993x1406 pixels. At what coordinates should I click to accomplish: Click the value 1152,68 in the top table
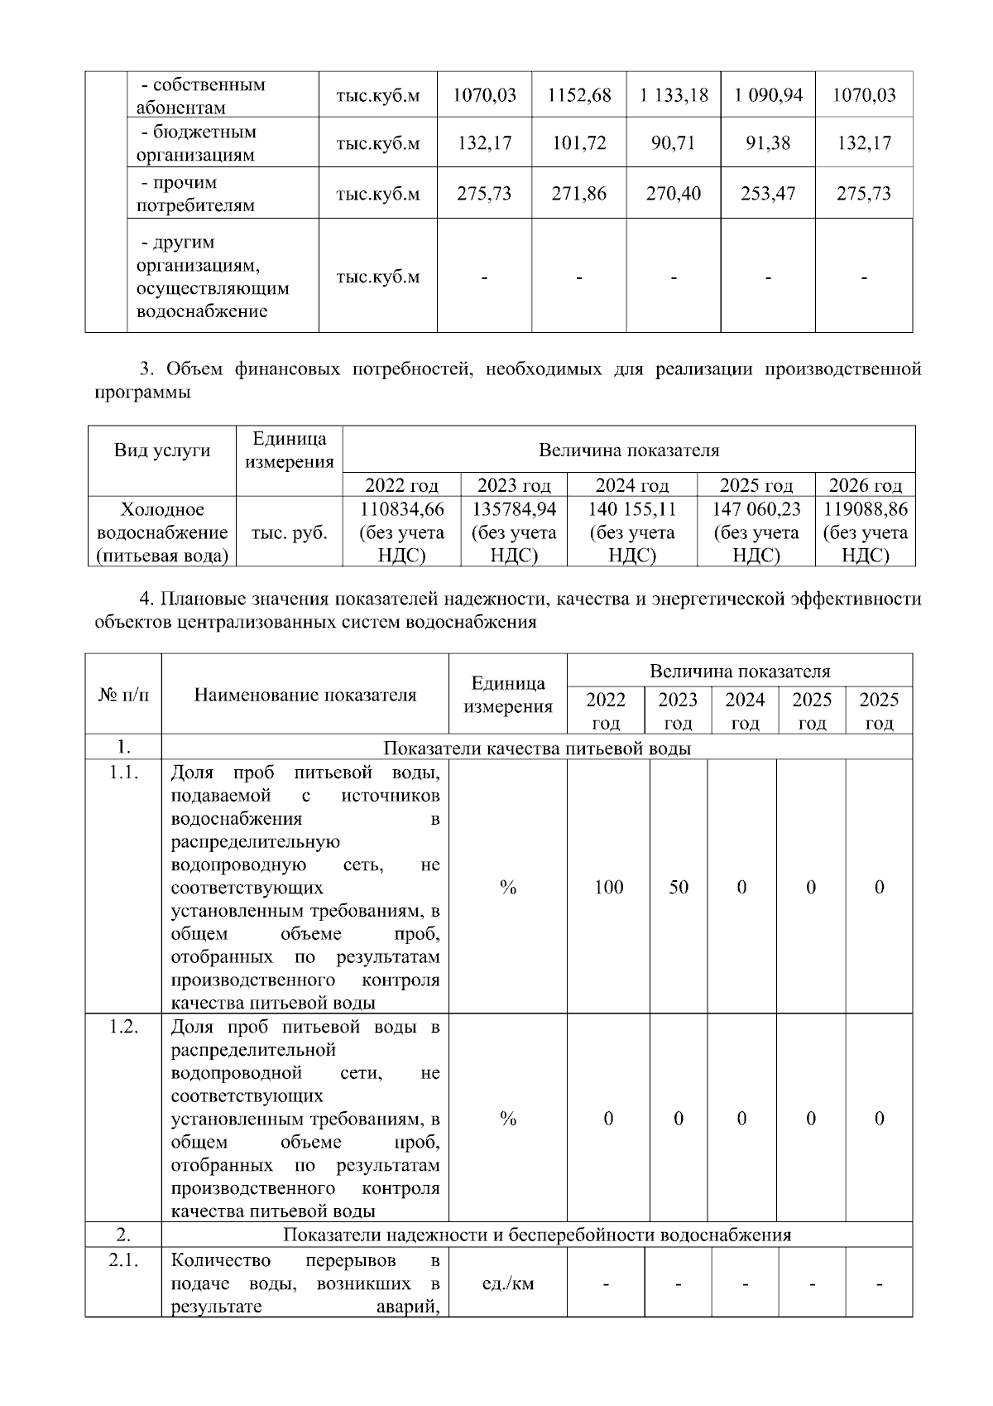(579, 95)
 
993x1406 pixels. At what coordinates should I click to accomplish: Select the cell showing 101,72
(579, 143)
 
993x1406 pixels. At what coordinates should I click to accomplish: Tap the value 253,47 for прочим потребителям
(768, 194)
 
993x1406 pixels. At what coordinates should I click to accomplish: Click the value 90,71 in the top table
(674, 143)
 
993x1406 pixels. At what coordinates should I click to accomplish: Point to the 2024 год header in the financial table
(631, 485)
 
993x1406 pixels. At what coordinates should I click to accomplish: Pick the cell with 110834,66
(401, 509)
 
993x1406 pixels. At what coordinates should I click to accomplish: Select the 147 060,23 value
(756, 509)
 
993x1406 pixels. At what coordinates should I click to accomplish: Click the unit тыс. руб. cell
(290, 532)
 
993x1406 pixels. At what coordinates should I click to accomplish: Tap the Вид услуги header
(162, 450)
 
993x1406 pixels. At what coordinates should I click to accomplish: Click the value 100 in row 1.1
(608, 888)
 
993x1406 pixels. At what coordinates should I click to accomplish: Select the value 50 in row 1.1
(679, 888)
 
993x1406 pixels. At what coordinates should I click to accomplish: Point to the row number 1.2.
(123, 1027)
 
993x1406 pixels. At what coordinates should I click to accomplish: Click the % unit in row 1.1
(508, 888)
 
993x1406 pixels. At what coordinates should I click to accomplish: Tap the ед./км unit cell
(508, 1284)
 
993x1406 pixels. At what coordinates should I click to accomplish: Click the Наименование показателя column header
(305, 695)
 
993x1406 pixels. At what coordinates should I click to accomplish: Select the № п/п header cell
(123, 695)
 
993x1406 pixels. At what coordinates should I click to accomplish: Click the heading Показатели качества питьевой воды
(537, 749)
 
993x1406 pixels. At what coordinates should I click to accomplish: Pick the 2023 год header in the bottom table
(678, 710)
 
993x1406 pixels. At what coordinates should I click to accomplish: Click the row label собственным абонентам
(200, 96)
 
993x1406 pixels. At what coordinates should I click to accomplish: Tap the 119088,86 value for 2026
(866, 509)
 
